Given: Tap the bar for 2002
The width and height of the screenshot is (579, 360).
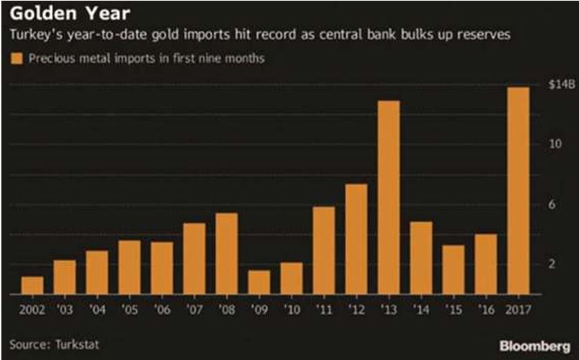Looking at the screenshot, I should [32, 285].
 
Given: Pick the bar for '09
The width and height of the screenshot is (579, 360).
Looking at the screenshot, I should [259, 282].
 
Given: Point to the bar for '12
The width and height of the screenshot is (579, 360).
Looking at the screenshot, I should [356, 239].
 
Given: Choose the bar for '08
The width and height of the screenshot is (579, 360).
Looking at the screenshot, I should [227, 254].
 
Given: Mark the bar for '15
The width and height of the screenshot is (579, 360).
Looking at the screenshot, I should [453, 269].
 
